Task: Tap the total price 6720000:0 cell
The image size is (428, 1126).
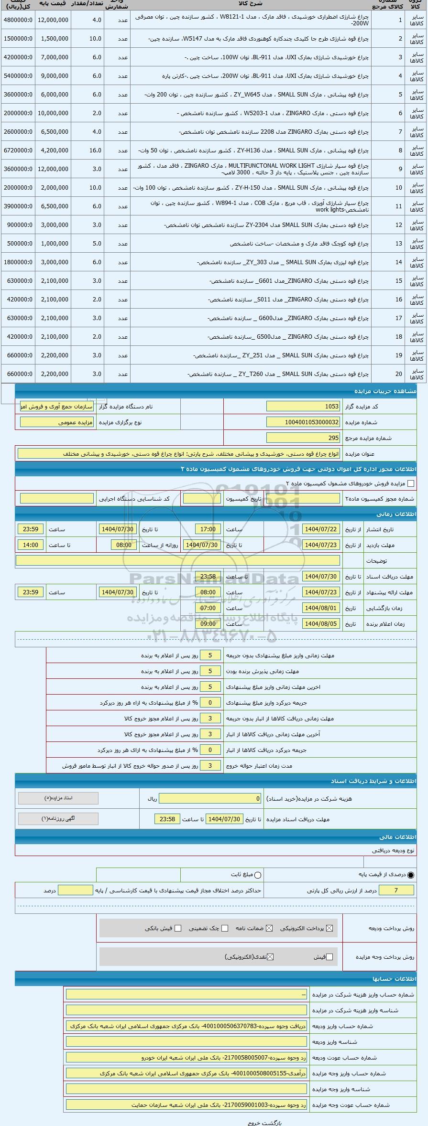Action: click(x=18, y=150)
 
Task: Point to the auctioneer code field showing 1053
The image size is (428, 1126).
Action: click(x=303, y=407)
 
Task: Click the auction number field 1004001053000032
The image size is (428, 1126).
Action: click(x=303, y=422)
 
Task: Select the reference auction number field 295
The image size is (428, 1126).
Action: click(x=303, y=438)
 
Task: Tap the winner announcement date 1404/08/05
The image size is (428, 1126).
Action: click(x=321, y=624)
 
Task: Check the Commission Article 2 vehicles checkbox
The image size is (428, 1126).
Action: click(x=410, y=483)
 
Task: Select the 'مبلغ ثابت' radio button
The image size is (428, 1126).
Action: click(x=258, y=875)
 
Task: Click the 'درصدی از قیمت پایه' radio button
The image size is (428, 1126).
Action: click(x=411, y=875)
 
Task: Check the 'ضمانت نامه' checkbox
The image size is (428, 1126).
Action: click(x=269, y=928)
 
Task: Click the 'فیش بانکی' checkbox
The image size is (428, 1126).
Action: click(x=178, y=928)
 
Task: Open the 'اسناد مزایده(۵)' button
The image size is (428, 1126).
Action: click(x=58, y=798)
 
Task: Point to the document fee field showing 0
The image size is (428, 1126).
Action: click(x=210, y=799)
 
